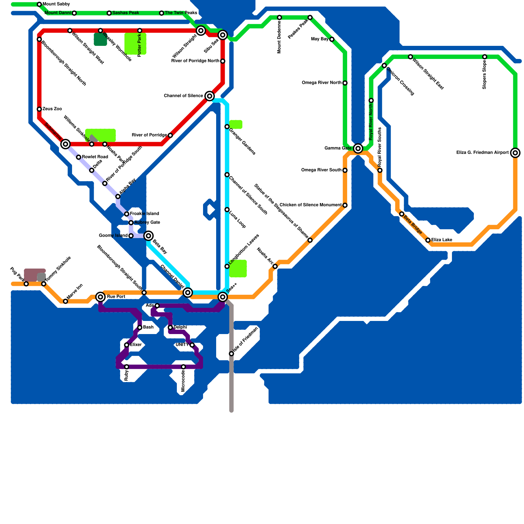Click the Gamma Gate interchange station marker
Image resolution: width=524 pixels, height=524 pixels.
(x=358, y=148)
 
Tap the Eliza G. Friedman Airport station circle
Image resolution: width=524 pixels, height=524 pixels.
(x=515, y=153)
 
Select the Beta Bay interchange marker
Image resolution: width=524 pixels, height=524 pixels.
(x=148, y=235)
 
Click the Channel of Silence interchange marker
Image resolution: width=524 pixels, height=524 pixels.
(x=210, y=96)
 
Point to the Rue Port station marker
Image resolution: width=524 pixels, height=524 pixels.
(x=101, y=297)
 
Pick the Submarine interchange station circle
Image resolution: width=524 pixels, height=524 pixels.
(x=65, y=144)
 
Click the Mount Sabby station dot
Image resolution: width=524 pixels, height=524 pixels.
(x=39, y=4)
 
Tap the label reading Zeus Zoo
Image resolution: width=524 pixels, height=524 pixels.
(x=52, y=109)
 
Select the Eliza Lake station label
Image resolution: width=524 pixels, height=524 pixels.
(x=441, y=240)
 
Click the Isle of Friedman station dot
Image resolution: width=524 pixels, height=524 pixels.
(x=231, y=354)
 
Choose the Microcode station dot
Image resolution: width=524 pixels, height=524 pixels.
(x=183, y=367)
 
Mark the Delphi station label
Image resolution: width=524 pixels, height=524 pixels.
(x=180, y=327)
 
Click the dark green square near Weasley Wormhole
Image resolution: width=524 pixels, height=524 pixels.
(x=100, y=39)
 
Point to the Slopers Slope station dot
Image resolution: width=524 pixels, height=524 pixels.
(x=485, y=57)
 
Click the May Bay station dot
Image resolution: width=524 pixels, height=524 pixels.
(x=332, y=39)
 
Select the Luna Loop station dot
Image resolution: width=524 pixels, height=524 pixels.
(x=227, y=210)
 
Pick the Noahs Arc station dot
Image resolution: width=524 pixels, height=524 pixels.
(x=275, y=266)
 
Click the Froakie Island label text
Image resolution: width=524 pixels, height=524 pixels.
(x=144, y=214)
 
